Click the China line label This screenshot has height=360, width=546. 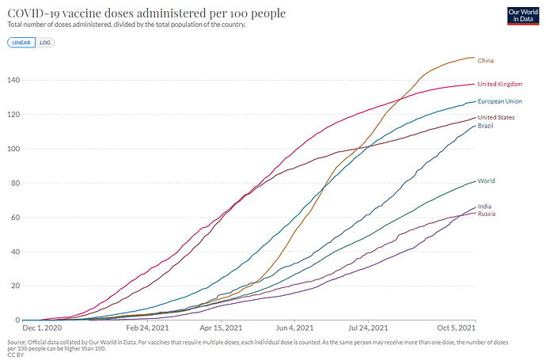tap(487, 60)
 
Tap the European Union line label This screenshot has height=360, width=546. tap(499, 101)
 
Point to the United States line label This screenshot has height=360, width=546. tap(496, 117)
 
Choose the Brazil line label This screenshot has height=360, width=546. tap(487, 126)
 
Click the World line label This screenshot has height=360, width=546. tap(487, 181)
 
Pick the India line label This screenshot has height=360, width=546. tap(485, 206)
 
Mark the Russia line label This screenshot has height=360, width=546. tap(487, 214)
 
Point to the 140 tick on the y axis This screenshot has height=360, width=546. tap(13, 80)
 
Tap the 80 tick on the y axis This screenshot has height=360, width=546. tap(15, 183)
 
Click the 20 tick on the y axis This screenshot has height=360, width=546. tap(15, 286)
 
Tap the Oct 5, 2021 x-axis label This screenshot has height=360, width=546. tap(457, 328)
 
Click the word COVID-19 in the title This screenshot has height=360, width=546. tap(36, 14)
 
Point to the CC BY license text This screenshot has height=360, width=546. tap(14, 354)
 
